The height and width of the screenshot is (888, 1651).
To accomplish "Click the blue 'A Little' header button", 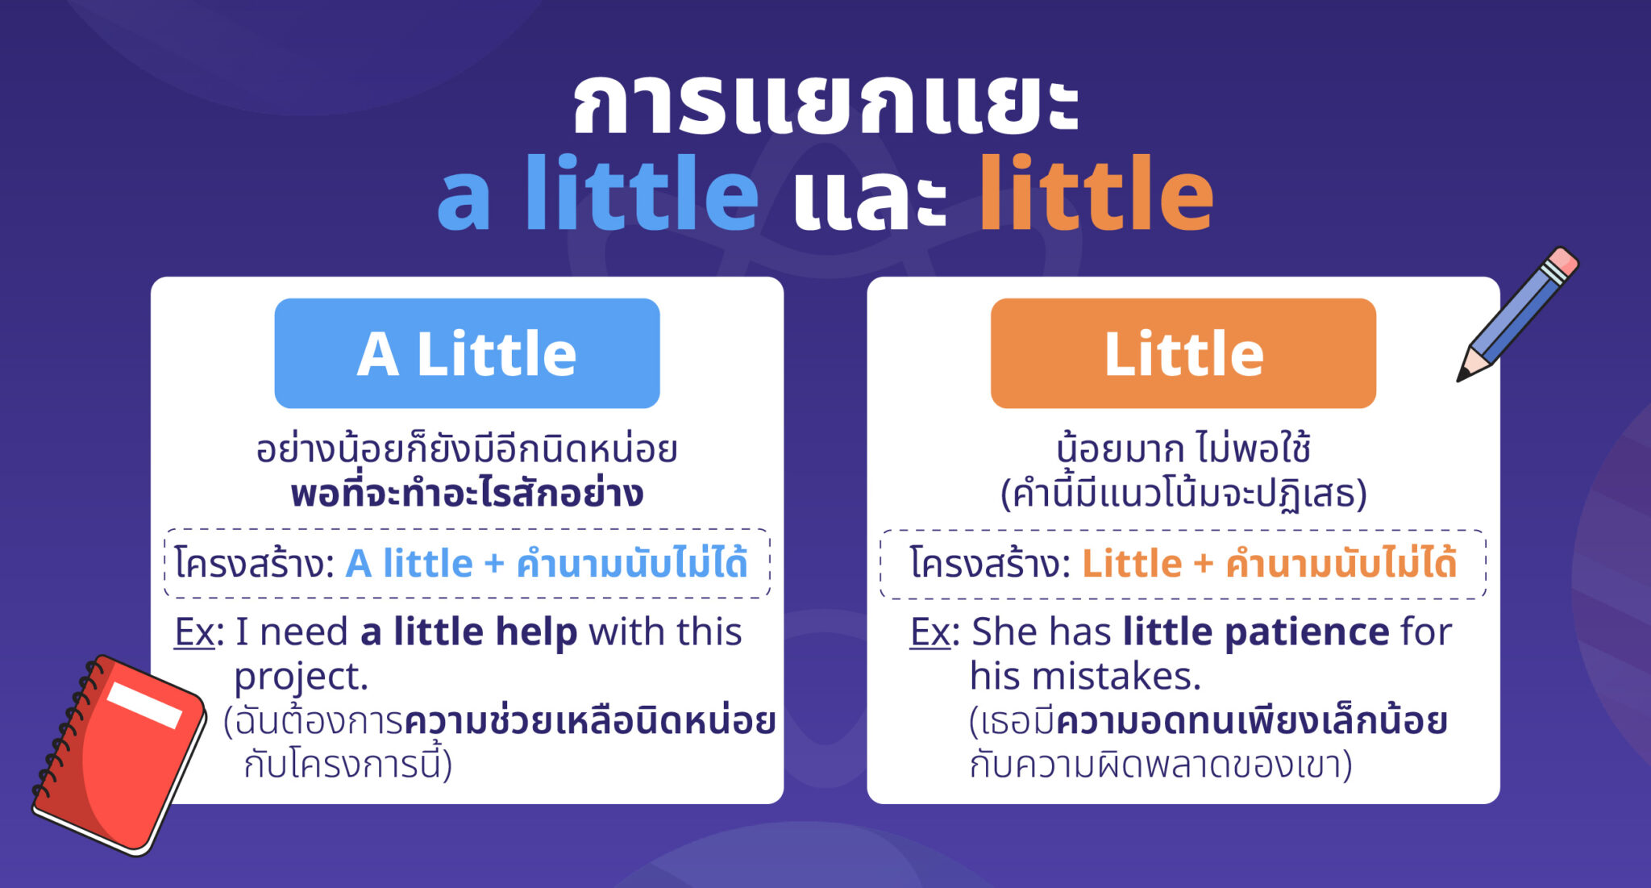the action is (x=467, y=353).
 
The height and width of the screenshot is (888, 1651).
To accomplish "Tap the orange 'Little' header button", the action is (x=1183, y=353).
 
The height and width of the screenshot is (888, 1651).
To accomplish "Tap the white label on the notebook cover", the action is (x=145, y=704).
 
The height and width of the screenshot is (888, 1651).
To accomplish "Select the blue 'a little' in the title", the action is (x=597, y=194).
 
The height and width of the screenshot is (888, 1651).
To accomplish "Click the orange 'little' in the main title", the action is (x=1096, y=194).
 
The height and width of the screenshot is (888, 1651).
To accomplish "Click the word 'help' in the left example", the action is (x=536, y=632).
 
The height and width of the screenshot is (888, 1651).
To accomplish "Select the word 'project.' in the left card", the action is (x=301, y=677).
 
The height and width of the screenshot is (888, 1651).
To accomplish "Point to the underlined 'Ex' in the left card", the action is (x=194, y=632).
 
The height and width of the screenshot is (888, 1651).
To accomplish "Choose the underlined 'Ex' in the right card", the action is (x=930, y=632).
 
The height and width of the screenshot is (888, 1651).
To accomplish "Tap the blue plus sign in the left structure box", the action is (x=494, y=564).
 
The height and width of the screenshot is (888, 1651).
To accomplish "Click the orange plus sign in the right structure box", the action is (x=1204, y=564).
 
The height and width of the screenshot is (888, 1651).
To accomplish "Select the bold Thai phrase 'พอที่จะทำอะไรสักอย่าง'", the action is (x=467, y=493).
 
